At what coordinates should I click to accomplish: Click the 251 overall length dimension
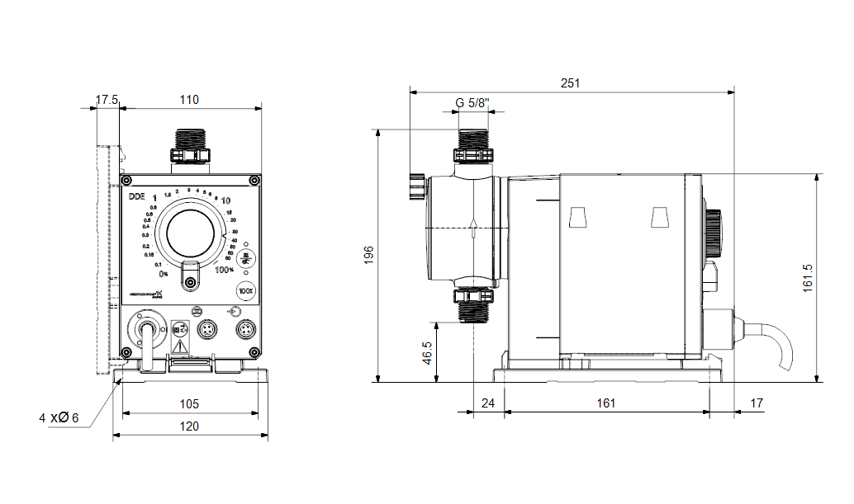point(571,83)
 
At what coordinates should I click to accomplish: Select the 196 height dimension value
point(369,254)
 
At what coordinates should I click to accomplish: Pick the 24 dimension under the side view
point(487,403)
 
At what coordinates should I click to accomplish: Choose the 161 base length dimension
point(606,403)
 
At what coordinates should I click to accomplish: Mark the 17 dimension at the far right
point(757,403)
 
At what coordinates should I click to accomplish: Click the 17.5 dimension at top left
point(107,100)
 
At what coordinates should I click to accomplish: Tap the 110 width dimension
point(189,100)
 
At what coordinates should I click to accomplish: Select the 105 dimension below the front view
point(189,403)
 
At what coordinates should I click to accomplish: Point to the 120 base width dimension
point(189,426)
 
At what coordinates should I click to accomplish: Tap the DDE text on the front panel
point(136,197)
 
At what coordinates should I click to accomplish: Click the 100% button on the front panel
point(245,290)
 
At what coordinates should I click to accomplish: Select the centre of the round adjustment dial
point(191,231)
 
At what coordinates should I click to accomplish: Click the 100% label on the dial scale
point(225,270)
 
